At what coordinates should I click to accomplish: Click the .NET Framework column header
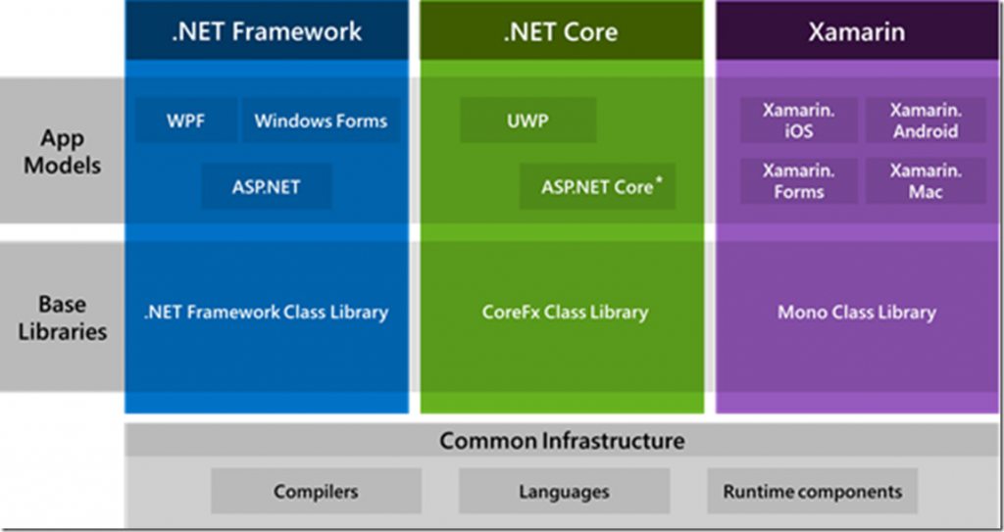pyautogui.click(x=267, y=30)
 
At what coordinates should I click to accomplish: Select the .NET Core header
pyautogui.click(x=561, y=30)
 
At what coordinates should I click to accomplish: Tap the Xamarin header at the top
pyautogui.click(x=856, y=30)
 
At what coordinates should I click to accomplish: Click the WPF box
pyautogui.click(x=185, y=121)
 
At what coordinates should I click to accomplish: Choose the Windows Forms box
pyautogui.click(x=321, y=121)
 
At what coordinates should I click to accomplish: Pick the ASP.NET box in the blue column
pyautogui.click(x=266, y=186)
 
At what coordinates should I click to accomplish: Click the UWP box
pyautogui.click(x=528, y=121)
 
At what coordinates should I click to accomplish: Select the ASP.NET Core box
pyautogui.click(x=597, y=186)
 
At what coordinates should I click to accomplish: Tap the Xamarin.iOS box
pyautogui.click(x=798, y=121)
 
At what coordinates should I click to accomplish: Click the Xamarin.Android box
pyautogui.click(x=926, y=121)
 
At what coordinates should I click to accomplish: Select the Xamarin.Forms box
pyautogui.click(x=798, y=181)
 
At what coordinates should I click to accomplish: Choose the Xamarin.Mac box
pyautogui.click(x=926, y=181)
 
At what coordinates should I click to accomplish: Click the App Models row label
pyautogui.click(x=62, y=152)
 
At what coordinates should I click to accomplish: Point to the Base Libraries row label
pyautogui.click(x=62, y=316)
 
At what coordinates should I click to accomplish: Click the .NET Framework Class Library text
pyautogui.click(x=267, y=313)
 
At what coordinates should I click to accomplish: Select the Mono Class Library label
pyautogui.click(x=856, y=313)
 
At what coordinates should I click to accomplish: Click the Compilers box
pyautogui.click(x=316, y=491)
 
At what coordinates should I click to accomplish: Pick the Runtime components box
pyautogui.click(x=812, y=491)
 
